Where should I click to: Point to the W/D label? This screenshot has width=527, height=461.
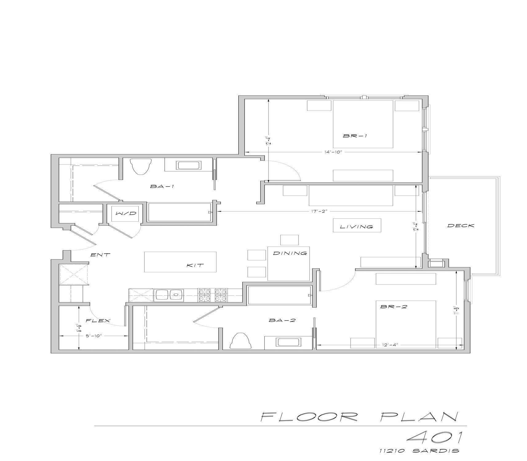coord(126,213)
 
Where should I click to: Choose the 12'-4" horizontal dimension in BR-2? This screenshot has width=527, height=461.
coord(390,345)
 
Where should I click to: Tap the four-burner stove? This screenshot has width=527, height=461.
coord(213,295)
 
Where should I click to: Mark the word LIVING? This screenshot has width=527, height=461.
coord(357,227)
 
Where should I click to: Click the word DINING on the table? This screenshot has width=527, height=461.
coord(290,253)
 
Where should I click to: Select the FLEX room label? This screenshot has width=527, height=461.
coord(98,321)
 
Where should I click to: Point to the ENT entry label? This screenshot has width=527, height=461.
coord(100,254)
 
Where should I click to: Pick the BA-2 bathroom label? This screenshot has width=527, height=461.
coord(282,320)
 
